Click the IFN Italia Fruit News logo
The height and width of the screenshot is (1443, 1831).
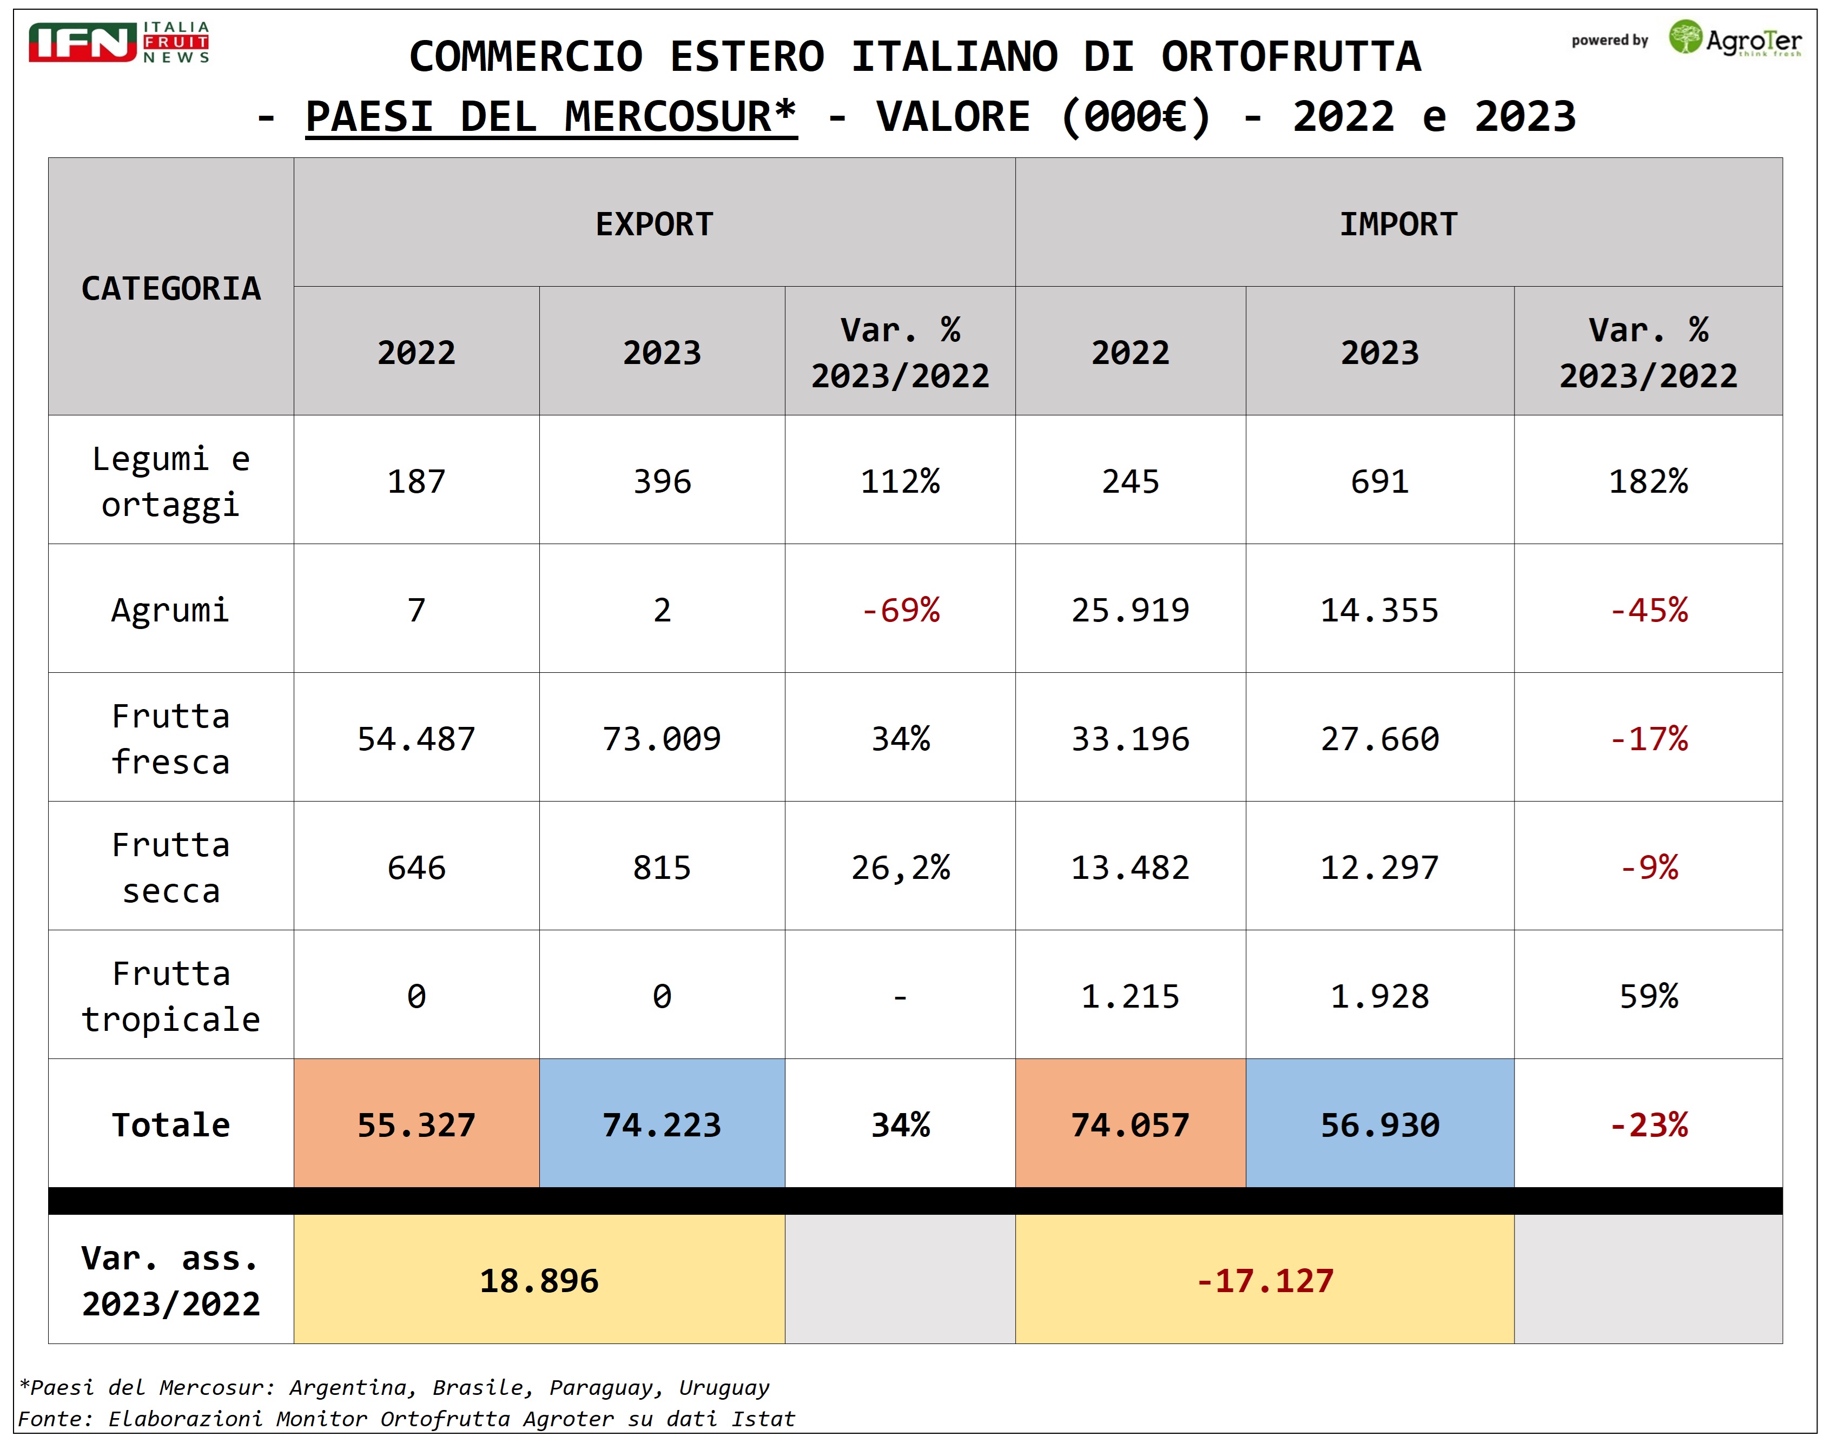click(x=118, y=42)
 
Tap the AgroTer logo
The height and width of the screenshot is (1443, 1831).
click(x=1735, y=39)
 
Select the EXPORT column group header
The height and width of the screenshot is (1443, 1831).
click(x=654, y=224)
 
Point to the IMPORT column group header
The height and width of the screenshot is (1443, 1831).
click(x=1398, y=224)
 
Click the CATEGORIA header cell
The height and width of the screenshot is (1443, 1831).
click(x=171, y=288)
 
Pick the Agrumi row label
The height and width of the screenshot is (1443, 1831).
click(x=171, y=610)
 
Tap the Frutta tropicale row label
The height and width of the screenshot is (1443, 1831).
click(x=171, y=996)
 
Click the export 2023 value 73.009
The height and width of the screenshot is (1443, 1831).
click(x=662, y=739)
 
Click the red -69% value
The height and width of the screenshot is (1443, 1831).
click(x=900, y=610)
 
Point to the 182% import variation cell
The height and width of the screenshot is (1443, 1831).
click(x=1648, y=481)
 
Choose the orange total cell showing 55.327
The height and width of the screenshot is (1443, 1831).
click(x=416, y=1124)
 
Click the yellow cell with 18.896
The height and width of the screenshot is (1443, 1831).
click(x=539, y=1281)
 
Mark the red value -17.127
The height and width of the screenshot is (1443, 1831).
click(x=1264, y=1281)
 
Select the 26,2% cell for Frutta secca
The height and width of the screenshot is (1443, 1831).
click(x=900, y=868)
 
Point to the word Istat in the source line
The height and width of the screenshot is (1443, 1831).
click(x=763, y=1419)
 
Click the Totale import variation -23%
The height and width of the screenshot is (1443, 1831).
click(x=1648, y=1124)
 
